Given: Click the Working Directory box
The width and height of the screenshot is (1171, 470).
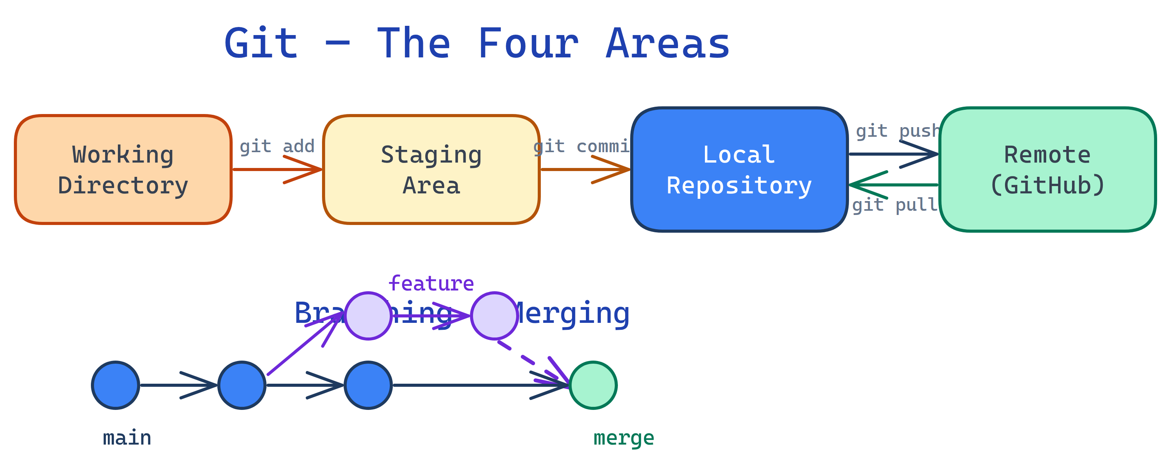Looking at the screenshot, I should (123, 170).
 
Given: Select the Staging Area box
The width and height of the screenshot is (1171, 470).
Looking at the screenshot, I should (431, 170).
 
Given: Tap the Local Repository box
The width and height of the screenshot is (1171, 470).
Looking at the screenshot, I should (739, 170).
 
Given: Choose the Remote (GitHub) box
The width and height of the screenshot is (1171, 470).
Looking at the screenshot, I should (1047, 170).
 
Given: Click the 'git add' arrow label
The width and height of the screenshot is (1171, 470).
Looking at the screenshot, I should (277, 146).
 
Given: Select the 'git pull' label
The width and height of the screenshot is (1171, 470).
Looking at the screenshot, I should (894, 205).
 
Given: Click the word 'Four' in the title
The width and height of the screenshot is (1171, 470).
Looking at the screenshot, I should (528, 44).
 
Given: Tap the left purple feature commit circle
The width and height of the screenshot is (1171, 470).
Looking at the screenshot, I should (368, 316).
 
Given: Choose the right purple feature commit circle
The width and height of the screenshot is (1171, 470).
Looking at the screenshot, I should (494, 316).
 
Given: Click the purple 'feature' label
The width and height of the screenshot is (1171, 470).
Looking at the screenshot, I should (431, 284).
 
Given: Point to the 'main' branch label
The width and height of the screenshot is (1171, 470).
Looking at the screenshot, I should (127, 438).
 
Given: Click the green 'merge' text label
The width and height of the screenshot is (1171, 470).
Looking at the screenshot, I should (624, 438).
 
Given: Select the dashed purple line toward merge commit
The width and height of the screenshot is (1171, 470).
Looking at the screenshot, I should (527, 359).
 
